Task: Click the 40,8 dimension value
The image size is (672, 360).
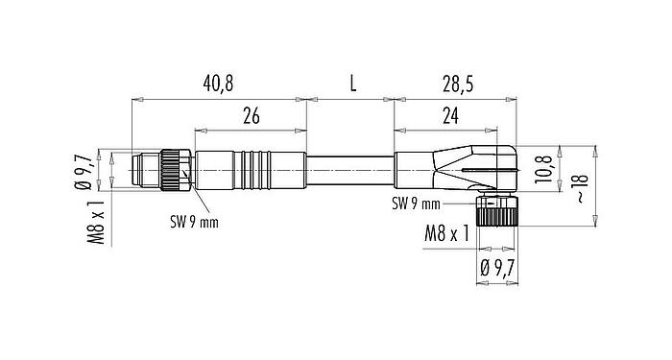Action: [x=217, y=84]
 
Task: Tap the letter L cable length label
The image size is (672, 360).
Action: [x=351, y=84]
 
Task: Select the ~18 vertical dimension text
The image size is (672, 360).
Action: [x=579, y=188]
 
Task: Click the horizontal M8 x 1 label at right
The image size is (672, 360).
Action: [x=445, y=233]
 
